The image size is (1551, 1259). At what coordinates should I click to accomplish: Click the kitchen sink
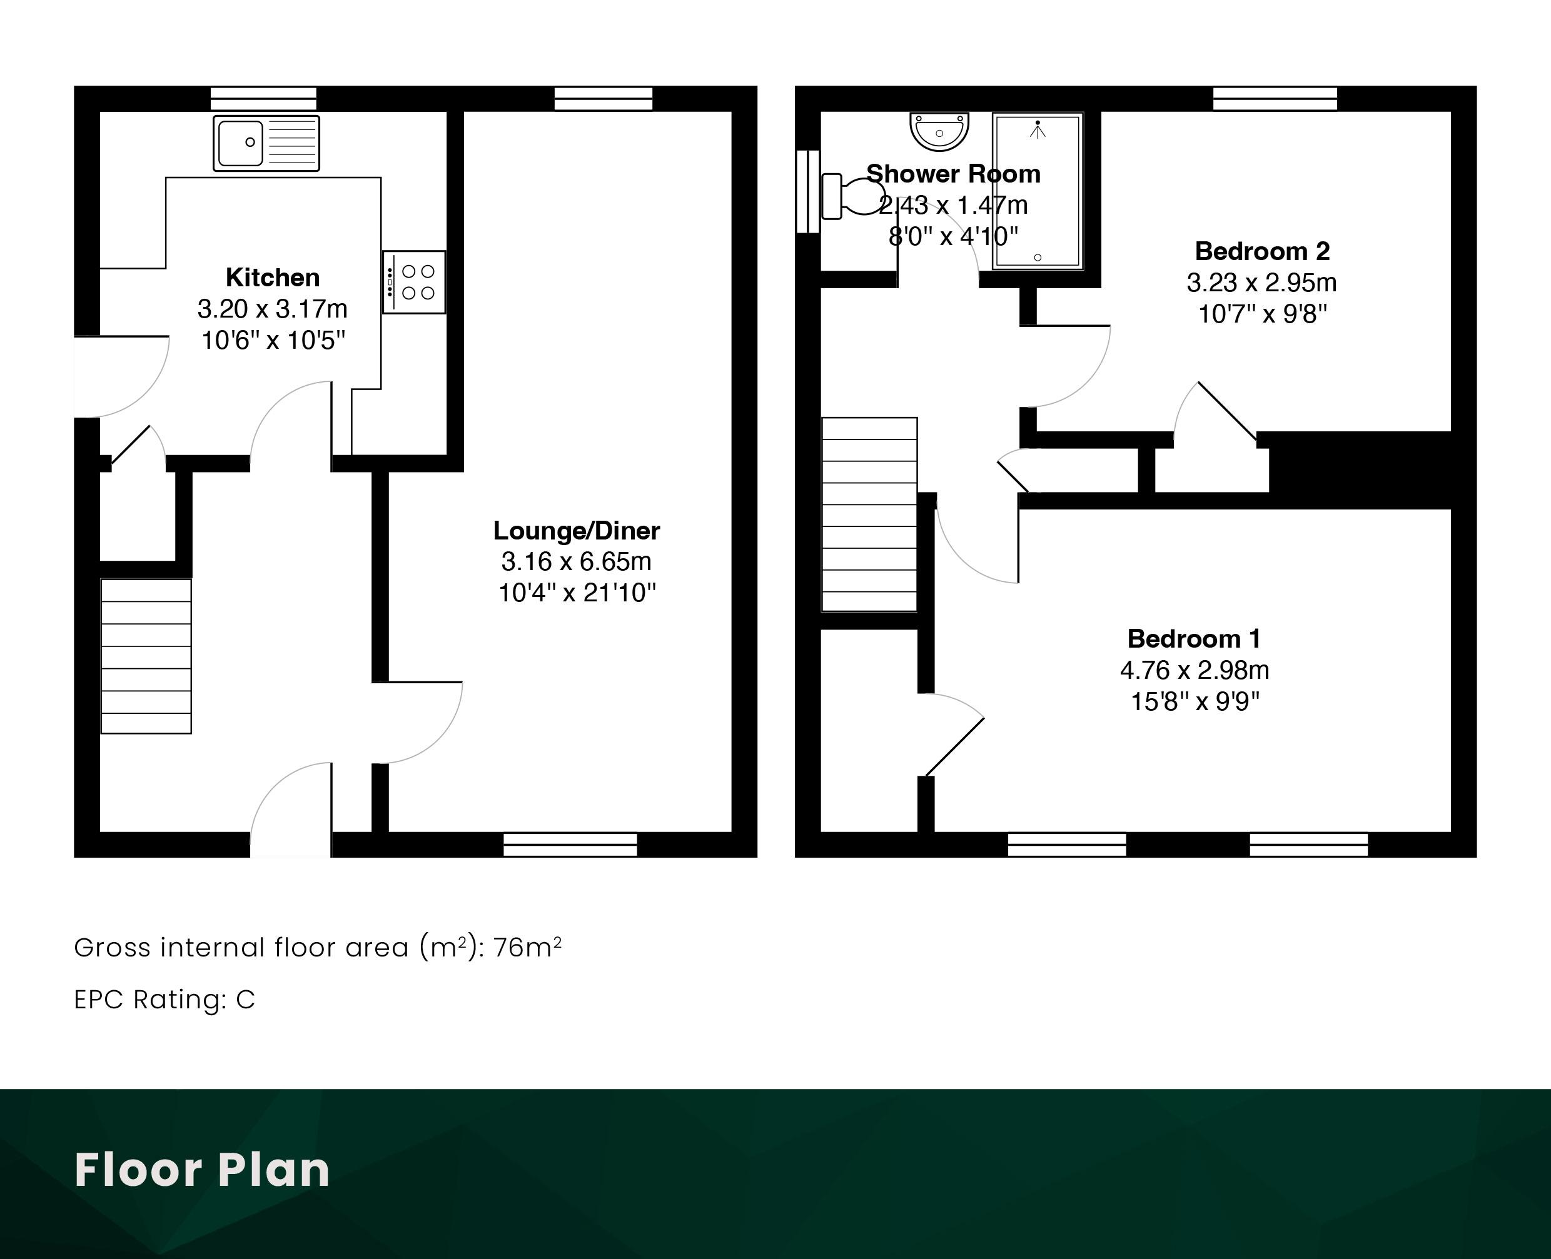pos(266,143)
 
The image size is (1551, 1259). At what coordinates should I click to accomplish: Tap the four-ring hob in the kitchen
pos(414,282)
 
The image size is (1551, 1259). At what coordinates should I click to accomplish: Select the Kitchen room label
pos(273,277)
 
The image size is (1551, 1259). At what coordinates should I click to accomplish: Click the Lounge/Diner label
pos(577,530)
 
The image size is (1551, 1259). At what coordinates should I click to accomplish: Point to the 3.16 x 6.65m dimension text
pos(577,561)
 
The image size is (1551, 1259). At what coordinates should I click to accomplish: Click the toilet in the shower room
pos(852,196)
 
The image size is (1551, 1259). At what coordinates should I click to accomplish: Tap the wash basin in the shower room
pos(939,131)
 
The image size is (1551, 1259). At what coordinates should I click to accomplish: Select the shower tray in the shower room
pos(1038,191)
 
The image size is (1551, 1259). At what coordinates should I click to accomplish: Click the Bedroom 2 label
pos(1262,251)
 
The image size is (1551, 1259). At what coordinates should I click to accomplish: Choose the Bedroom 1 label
pos(1194,638)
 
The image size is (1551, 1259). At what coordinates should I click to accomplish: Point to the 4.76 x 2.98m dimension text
pos(1195,670)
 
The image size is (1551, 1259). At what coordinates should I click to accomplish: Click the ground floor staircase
pos(146,656)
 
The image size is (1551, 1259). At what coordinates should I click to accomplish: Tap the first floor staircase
pos(869,514)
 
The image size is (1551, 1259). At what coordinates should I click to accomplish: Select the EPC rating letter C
pos(246,1000)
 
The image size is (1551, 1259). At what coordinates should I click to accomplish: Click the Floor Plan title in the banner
pos(201,1170)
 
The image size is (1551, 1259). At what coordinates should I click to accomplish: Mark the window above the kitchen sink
pos(263,99)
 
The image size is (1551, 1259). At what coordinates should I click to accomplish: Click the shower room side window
pos(808,191)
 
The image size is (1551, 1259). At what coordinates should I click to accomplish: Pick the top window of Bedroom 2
pos(1275,99)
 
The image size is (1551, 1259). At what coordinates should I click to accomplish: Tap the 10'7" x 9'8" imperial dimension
pos(1262,314)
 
